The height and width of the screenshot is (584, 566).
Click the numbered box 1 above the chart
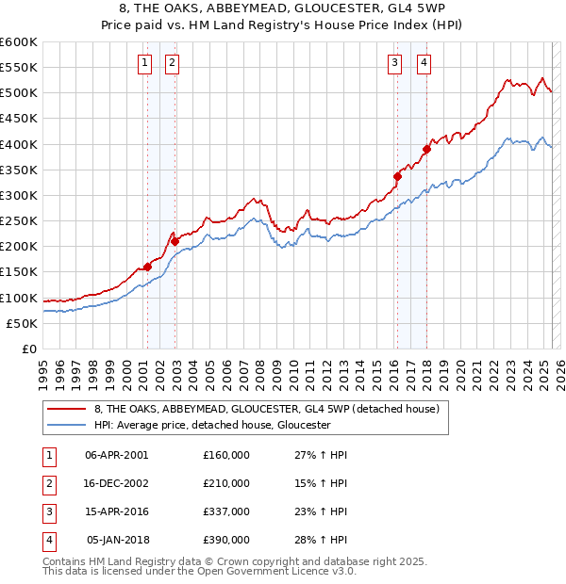click(x=144, y=63)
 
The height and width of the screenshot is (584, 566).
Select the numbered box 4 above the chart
click(x=424, y=63)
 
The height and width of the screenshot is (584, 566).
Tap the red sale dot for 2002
click(x=175, y=241)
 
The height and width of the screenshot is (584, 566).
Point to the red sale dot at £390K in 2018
click(x=426, y=149)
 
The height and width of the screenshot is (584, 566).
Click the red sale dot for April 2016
click(x=397, y=176)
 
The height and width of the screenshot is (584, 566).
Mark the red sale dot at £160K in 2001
click(x=147, y=267)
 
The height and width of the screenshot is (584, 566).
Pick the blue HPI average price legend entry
click(x=211, y=425)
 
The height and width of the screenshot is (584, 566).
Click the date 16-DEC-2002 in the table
click(x=117, y=483)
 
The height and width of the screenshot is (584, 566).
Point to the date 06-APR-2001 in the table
click(x=117, y=455)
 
